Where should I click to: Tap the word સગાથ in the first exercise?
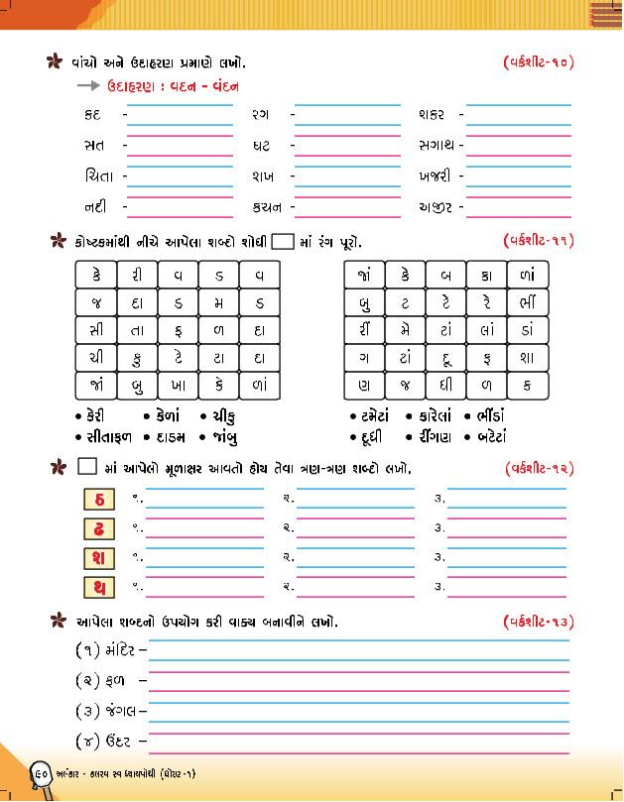point(437,146)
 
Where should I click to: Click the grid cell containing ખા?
point(178,385)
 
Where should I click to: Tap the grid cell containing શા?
point(528,357)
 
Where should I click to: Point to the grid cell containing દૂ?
point(446,357)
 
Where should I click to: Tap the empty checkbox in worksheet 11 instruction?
point(283,240)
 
